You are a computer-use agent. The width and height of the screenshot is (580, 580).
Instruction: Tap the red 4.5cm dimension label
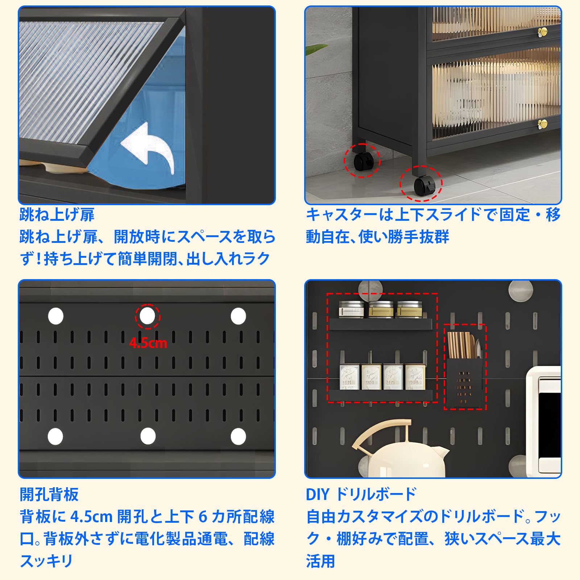(x=148, y=343)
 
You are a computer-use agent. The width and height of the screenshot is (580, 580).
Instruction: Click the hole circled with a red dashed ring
(x=147, y=316)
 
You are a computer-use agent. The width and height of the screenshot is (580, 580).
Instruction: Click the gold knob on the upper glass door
(x=543, y=32)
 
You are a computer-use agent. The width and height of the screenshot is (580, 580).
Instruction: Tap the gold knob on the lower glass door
(x=543, y=124)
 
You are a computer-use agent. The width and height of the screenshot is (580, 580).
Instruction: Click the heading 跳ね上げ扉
(x=57, y=215)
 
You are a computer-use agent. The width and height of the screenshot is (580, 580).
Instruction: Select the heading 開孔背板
(x=49, y=494)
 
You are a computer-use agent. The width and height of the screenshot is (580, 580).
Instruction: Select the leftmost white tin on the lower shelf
(x=349, y=377)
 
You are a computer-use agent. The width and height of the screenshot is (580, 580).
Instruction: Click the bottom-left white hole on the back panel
(x=55, y=436)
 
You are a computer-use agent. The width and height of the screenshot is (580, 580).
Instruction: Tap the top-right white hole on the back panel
(x=238, y=316)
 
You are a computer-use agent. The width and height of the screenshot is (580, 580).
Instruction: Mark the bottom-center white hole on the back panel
(x=148, y=436)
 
